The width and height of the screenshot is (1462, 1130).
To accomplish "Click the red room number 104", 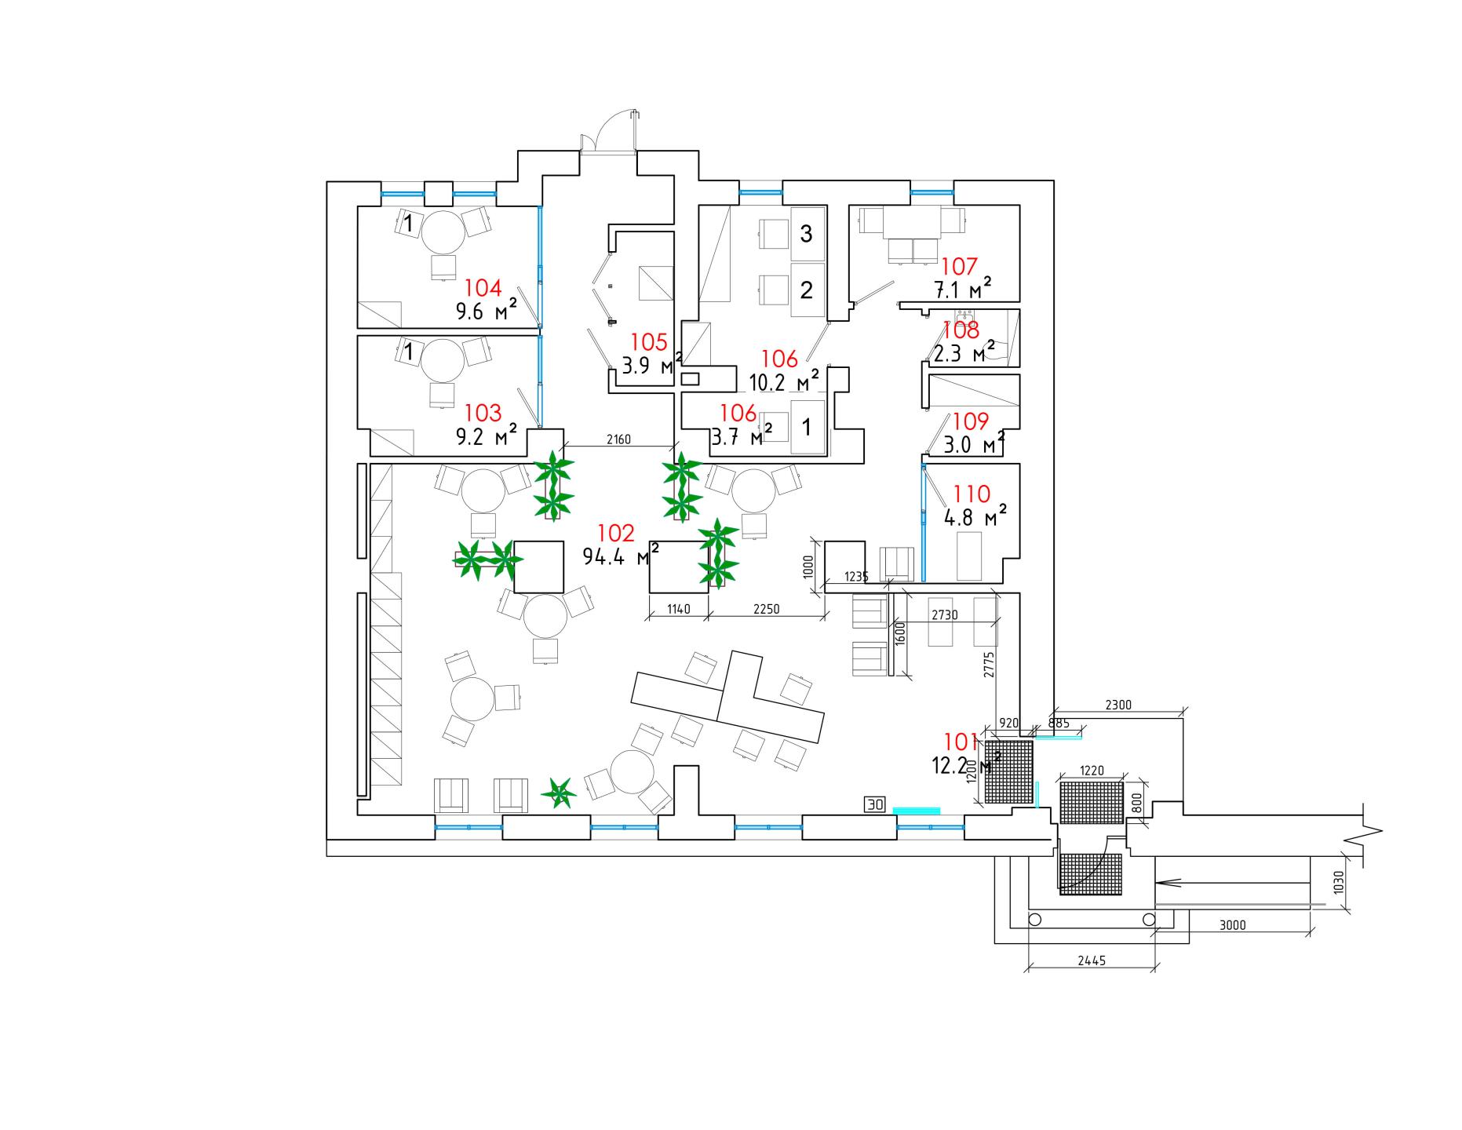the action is pyautogui.click(x=483, y=288).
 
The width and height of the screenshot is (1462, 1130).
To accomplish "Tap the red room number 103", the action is pyautogui.click(x=483, y=413).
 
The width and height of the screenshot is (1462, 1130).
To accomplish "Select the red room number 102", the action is pyautogui.click(x=615, y=534).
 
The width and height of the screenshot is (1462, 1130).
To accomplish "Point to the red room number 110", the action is pyautogui.click(x=972, y=494).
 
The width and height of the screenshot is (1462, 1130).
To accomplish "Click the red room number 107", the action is pyautogui.click(x=959, y=267).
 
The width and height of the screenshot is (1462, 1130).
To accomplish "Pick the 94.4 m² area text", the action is pyautogui.click(x=620, y=556).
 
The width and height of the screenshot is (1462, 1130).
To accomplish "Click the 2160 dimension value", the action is pyautogui.click(x=618, y=439).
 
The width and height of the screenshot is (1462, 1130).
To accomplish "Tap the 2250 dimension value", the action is pyautogui.click(x=767, y=609).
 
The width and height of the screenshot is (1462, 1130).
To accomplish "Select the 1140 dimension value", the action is pyautogui.click(x=679, y=609).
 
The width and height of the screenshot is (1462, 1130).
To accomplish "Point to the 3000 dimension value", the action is pyautogui.click(x=1233, y=925).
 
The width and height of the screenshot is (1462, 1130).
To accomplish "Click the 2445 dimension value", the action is pyautogui.click(x=1092, y=960).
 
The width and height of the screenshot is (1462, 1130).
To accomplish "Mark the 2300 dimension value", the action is pyautogui.click(x=1118, y=705).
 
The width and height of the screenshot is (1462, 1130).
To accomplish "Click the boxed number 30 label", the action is pyautogui.click(x=875, y=804).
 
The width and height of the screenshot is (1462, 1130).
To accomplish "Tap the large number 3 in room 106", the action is pyautogui.click(x=806, y=233).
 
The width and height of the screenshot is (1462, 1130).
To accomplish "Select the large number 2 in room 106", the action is pyautogui.click(x=806, y=290).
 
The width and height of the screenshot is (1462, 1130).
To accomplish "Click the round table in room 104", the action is pyautogui.click(x=444, y=231).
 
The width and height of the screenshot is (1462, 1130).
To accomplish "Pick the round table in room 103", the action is pyautogui.click(x=444, y=360).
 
